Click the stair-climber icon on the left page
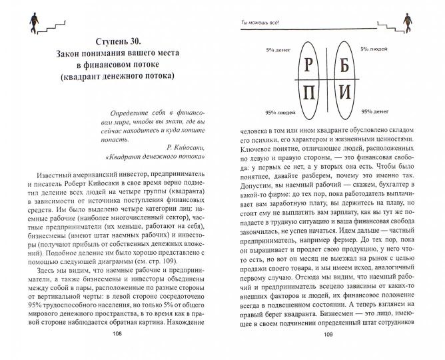[x=31, y=22]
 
